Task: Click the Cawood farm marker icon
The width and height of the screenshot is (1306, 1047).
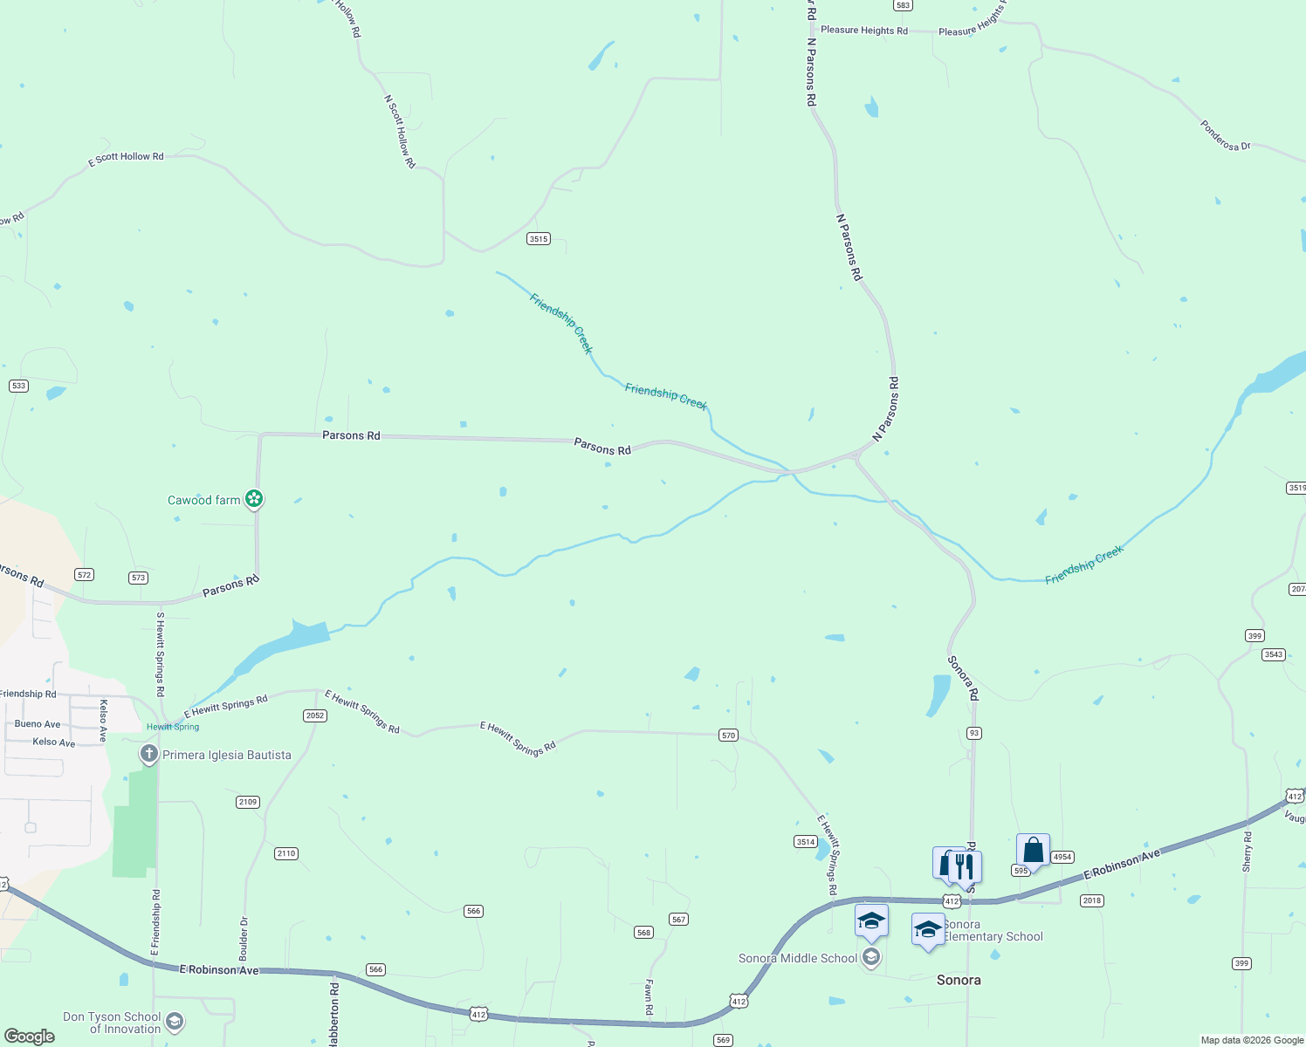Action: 254,499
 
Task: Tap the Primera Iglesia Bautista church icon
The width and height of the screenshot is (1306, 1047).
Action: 149,754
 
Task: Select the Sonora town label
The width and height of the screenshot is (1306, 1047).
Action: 959,980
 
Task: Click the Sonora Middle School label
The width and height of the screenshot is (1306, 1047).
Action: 798,958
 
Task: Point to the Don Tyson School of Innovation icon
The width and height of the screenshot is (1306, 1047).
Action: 175,1022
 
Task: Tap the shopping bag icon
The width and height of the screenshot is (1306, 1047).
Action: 1033,850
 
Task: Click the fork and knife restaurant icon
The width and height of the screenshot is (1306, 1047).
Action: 965,866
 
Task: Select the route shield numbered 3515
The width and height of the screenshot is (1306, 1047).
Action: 539,239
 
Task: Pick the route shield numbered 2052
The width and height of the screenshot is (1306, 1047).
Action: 314,715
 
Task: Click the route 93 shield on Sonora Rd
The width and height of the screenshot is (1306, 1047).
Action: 974,733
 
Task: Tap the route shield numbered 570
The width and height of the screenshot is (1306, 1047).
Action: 729,736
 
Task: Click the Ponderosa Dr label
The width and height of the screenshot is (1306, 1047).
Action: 1225,136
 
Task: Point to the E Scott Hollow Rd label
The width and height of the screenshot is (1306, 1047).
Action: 126,158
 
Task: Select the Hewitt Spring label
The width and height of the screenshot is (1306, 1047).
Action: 173,727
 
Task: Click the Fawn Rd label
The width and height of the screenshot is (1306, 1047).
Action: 649,996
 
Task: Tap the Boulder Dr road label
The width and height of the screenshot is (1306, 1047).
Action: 244,939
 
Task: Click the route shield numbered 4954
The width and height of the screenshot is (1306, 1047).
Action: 1062,857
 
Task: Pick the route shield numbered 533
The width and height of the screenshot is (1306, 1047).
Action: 18,386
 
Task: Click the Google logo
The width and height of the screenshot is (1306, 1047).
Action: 30,1036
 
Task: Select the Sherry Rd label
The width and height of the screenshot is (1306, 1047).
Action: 1247,852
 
